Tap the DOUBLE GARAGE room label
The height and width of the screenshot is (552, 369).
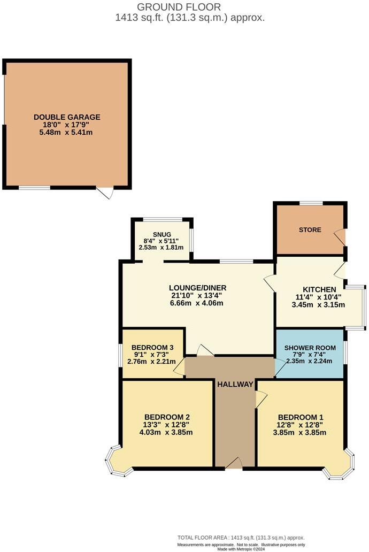click(67, 117)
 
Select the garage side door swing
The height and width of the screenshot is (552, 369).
click(105, 192)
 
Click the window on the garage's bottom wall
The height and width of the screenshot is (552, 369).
click(35, 187)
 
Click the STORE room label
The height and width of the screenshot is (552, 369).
click(310, 230)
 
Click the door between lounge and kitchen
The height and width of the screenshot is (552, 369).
click(270, 283)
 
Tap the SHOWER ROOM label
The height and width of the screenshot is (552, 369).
click(310, 348)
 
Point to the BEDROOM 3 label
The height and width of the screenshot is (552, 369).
click(152, 347)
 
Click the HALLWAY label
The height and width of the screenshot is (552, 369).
click(235, 384)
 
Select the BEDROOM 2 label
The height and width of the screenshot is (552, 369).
click(167, 417)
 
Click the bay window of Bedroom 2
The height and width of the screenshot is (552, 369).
click(118, 461)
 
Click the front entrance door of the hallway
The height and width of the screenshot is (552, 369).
click(234, 464)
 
